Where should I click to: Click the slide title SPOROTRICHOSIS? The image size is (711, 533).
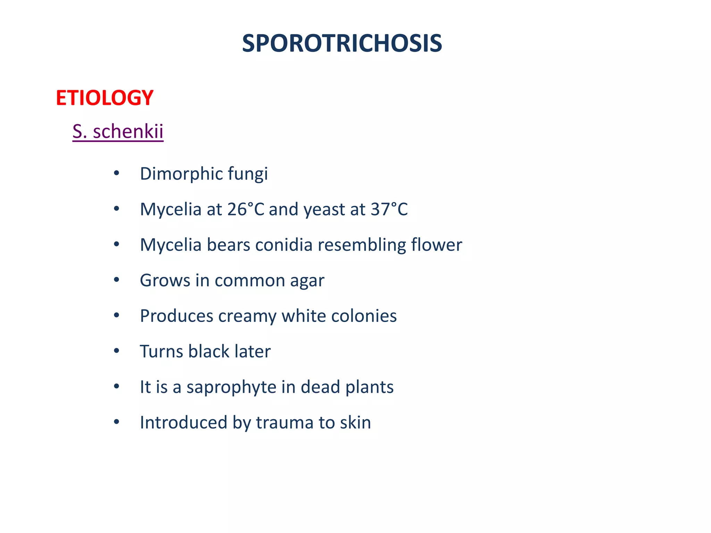(x=342, y=44)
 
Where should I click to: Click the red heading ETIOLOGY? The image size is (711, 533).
(x=104, y=98)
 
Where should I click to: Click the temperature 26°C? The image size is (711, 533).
(x=246, y=209)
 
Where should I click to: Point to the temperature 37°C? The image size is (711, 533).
(x=389, y=209)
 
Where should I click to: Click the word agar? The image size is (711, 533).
(x=307, y=281)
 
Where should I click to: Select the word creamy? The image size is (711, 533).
(x=247, y=316)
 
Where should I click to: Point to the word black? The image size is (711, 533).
(x=209, y=351)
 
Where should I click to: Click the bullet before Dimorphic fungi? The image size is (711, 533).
(x=117, y=173)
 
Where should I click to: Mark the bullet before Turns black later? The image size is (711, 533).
(x=117, y=351)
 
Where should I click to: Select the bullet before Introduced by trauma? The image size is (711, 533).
(x=117, y=422)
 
